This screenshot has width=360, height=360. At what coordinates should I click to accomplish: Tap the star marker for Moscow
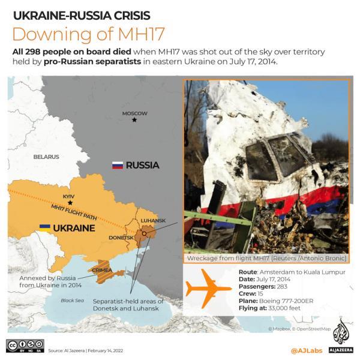134,121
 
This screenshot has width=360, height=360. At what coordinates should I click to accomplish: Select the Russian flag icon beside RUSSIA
118,165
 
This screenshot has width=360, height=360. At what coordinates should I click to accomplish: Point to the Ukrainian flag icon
44,228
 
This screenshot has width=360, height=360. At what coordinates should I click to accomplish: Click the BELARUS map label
46,157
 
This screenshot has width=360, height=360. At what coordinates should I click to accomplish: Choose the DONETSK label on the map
121,238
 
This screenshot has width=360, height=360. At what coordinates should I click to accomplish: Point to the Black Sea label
72,301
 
